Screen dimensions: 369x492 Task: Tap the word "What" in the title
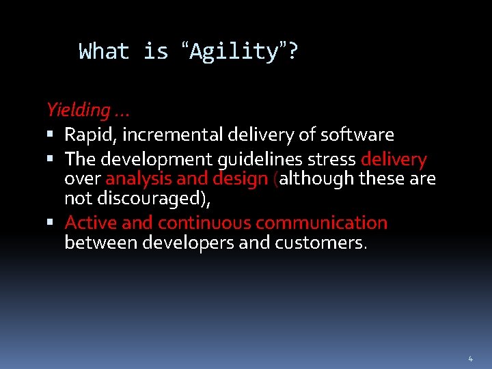coord(104,52)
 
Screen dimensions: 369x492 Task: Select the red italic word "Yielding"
coord(77,109)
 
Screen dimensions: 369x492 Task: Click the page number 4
coord(470,359)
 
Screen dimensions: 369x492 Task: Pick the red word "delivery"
coord(394,160)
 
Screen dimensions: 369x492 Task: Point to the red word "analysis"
coord(139,179)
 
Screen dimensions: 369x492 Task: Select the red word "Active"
coord(87,223)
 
